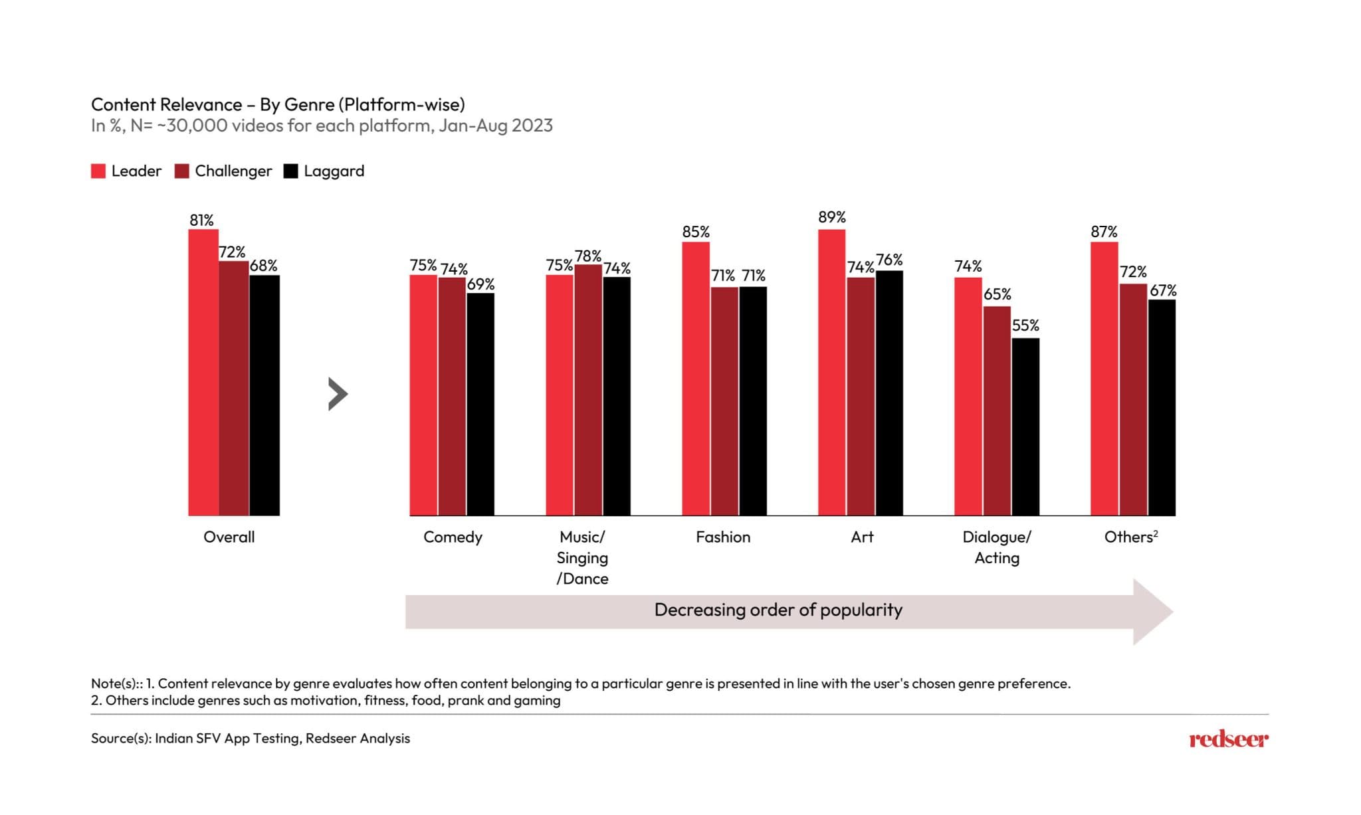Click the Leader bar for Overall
[x=203, y=372]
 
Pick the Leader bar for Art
[x=831, y=372]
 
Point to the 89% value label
[x=831, y=217]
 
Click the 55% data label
[x=1025, y=325]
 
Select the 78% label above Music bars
[x=588, y=256]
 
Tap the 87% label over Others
[x=1104, y=232]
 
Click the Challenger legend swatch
[x=181, y=171]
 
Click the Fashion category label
[x=723, y=537]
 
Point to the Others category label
[x=1130, y=537]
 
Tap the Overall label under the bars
[x=229, y=537]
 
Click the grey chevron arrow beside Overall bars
[x=338, y=394]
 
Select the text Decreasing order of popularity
[x=778, y=610]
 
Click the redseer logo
[x=1228, y=739]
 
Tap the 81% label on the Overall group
[x=201, y=220]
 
